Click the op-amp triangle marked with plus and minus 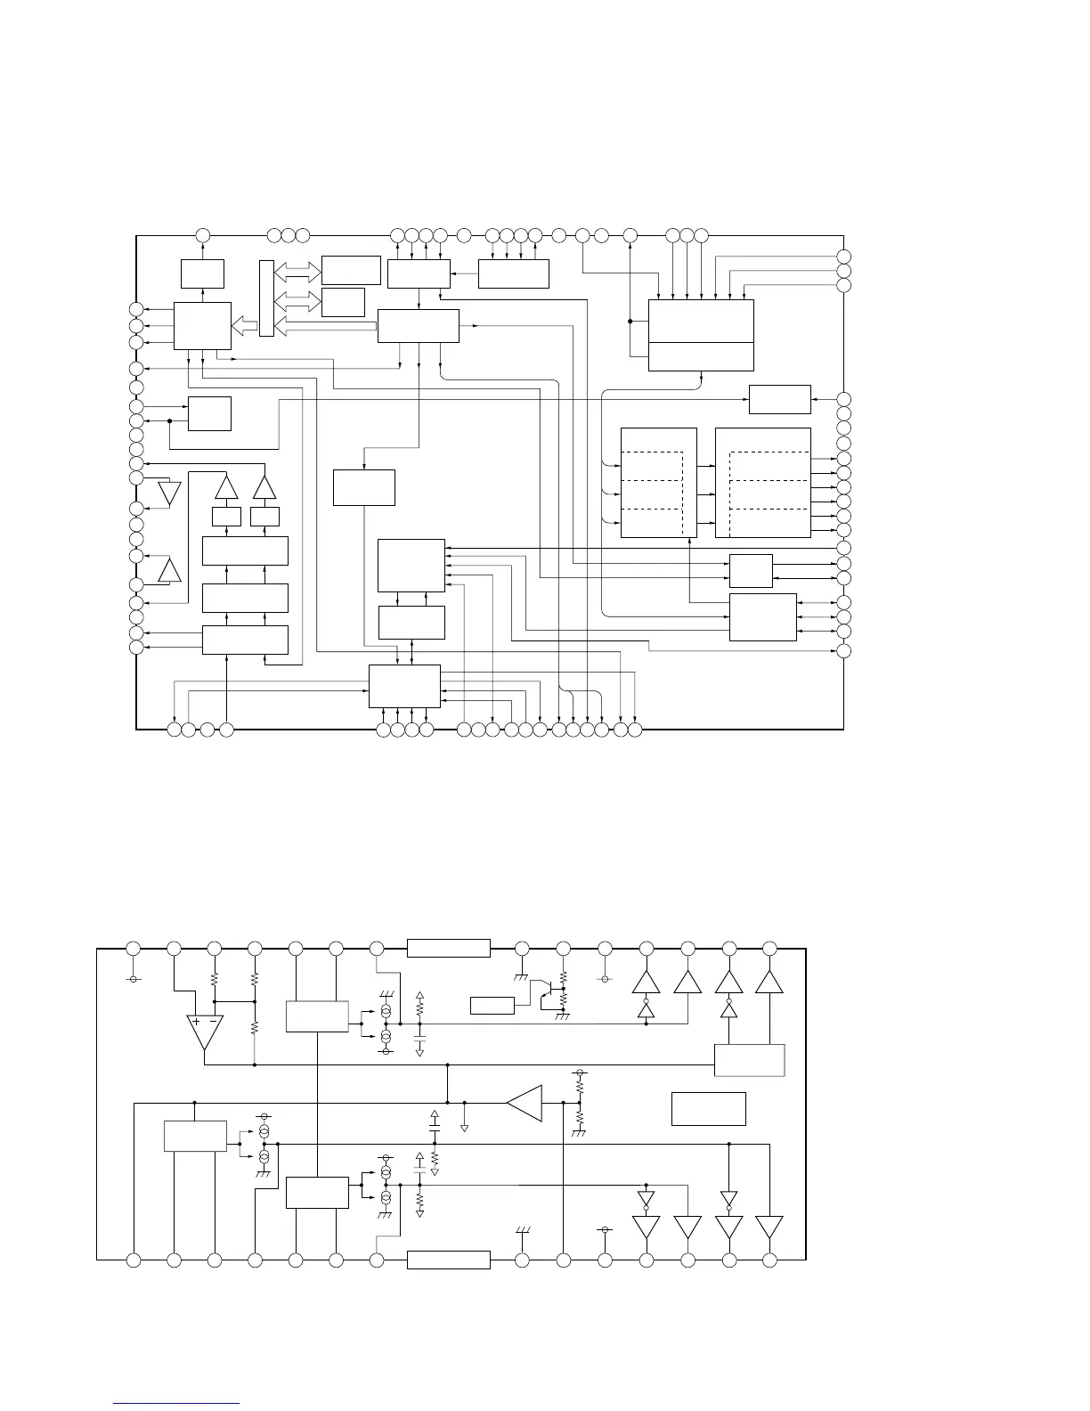(204, 1031)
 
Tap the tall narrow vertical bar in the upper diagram (266, 298)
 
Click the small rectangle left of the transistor (492, 1006)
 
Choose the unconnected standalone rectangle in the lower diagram (708, 1109)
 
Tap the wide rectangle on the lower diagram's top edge (448, 948)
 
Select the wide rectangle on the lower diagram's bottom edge (448, 1260)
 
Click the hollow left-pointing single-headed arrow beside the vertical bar (243, 326)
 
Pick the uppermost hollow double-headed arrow (298, 270)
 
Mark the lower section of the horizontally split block (701, 356)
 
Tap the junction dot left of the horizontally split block (630, 322)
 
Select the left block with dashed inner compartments (658, 483)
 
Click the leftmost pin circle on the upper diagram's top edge (202, 235)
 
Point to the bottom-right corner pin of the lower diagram (770, 1260)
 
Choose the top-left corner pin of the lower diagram (134, 948)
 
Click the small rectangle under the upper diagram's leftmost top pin (202, 273)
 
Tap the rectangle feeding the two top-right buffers (750, 1060)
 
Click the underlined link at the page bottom (177, 1404)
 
